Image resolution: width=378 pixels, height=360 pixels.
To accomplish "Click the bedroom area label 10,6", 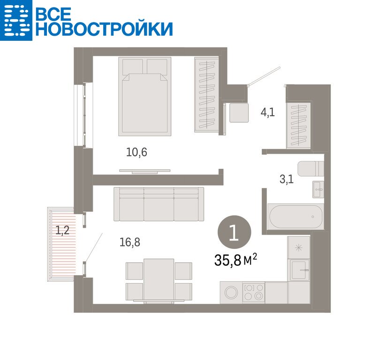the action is coord(136,152).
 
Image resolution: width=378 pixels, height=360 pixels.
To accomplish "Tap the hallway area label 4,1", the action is coord(268,112).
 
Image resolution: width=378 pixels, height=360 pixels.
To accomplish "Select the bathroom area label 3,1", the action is coord(287,179).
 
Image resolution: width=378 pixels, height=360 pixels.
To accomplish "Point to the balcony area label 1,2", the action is coord(62,230).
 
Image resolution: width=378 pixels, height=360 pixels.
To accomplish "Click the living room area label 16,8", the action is coord(130,242).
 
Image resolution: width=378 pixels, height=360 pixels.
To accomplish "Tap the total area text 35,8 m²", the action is coord(235,260).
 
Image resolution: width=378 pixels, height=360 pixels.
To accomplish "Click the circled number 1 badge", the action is coord(234,232).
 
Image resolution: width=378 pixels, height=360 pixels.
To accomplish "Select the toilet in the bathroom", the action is coord(311,169).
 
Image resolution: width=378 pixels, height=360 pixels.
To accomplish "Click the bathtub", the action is coord(295,217).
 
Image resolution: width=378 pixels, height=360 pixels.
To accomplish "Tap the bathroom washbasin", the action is coord(318,189).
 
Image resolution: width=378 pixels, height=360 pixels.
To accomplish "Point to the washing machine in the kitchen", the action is coord(231,292).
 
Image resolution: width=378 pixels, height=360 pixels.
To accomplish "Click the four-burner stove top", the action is coord(253,292).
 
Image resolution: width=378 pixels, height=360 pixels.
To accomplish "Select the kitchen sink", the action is coord(300,270).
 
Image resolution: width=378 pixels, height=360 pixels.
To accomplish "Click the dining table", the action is coord(159,280).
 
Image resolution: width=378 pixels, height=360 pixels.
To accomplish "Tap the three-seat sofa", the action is coord(159,204).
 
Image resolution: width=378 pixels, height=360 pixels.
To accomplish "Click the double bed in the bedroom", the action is coord(144,97).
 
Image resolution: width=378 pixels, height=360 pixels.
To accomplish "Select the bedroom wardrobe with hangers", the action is coord(207,95).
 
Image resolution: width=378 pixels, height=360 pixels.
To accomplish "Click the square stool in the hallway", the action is coord(239,113).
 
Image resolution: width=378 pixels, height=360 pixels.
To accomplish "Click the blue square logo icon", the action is coord(16,20).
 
